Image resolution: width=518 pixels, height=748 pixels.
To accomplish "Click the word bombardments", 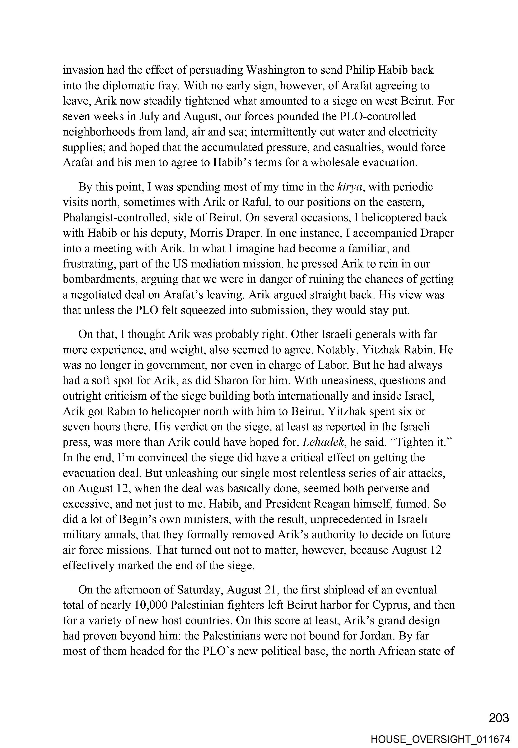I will click(x=99, y=280).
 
